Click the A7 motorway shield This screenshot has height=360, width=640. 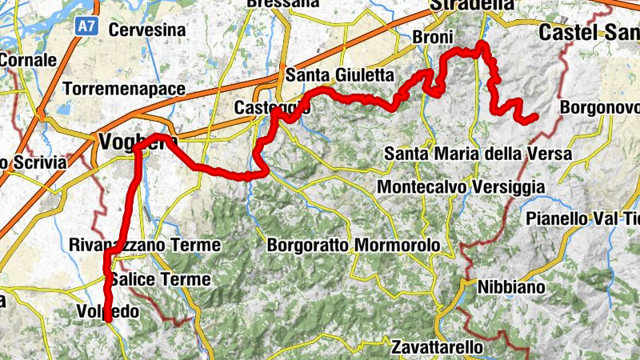coord(86,27)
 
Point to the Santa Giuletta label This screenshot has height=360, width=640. coord(340,75)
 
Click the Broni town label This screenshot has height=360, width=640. coord(433,37)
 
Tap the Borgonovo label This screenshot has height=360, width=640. coord(600,106)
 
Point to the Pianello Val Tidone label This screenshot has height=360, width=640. coord(582,218)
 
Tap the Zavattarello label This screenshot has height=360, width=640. coord(438,348)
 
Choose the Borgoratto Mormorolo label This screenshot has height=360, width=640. coord(354,244)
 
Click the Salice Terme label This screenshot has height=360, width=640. coord(160,279)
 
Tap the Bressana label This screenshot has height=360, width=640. coord(284,4)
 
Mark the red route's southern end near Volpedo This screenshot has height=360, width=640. coord(107,320)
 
